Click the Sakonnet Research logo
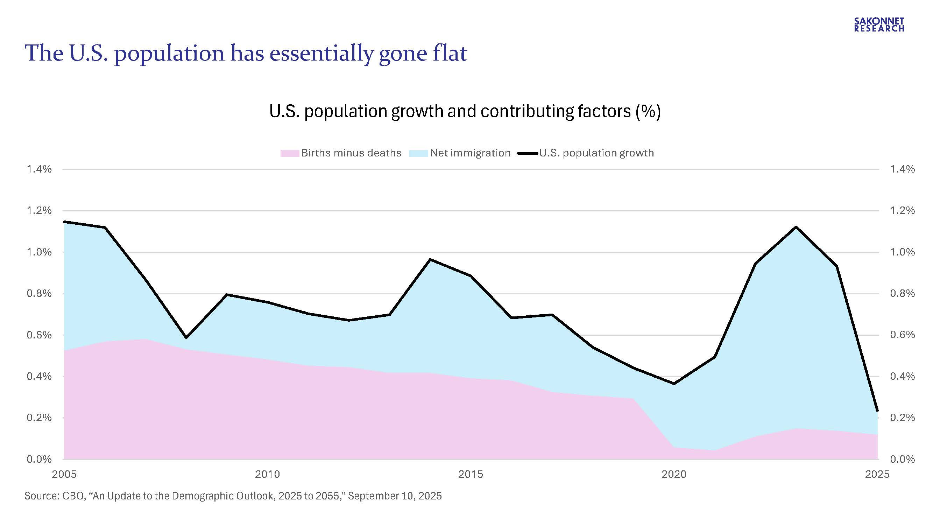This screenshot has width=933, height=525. click(879, 24)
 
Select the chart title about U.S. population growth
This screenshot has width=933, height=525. click(465, 111)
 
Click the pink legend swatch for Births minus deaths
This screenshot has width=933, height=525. click(289, 153)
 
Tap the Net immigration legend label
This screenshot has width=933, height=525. click(470, 153)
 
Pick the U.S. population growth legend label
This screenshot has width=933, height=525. click(596, 153)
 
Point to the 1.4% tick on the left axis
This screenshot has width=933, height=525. click(39, 169)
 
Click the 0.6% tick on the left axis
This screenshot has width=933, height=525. click(39, 335)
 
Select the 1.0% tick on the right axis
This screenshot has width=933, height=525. click(902, 252)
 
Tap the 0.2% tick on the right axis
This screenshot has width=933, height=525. click(902, 418)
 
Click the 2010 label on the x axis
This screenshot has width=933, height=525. click(267, 474)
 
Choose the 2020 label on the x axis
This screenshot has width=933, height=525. click(674, 474)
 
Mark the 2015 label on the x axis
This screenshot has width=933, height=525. click(471, 474)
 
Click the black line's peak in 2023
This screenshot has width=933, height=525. click(796, 227)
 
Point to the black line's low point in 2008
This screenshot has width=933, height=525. click(186, 338)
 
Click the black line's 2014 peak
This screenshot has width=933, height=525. click(430, 259)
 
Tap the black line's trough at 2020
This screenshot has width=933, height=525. click(674, 384)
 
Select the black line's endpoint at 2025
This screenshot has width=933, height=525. click(877, 411)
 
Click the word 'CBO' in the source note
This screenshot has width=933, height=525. click(72, 496)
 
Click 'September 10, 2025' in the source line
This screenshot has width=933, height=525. click(395, 496)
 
